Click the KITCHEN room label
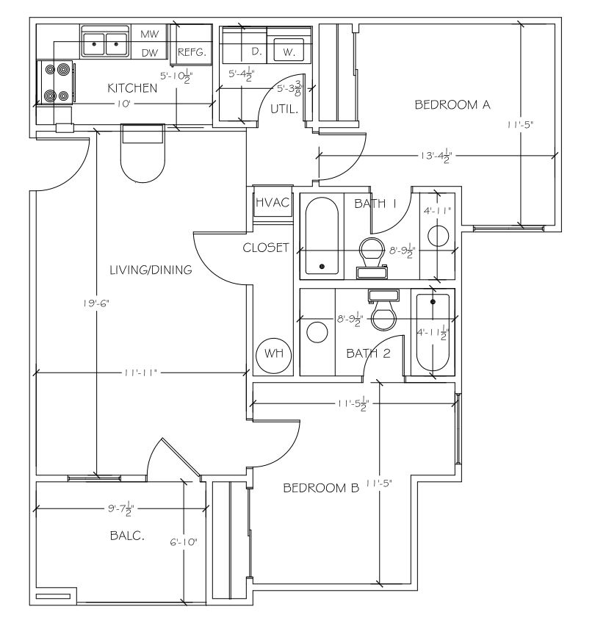(x=132, y=88)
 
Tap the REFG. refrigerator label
(x=192, y=52)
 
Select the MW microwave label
(x=150, y=35)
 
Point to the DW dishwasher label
(x=150, y=53)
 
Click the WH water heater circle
(x=274, y=355)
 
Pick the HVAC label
(x=273, y=202)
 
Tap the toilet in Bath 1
(x=372, y=258)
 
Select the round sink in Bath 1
(x=438, y=236)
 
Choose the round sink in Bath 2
(x=317, y=332)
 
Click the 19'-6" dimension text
(x=96, y=303)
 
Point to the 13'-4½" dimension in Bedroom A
(x=436, y=156)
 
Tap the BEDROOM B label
(x=321, y=488)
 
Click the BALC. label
(x=127, y=536)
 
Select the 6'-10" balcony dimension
(x=184, y=542)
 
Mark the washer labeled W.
(x=289, y=50)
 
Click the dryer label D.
(x=256, y=51)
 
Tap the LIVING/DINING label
(x=151, y=270)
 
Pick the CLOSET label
(x=266, y=248)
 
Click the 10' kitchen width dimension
(x=124, y=104)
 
